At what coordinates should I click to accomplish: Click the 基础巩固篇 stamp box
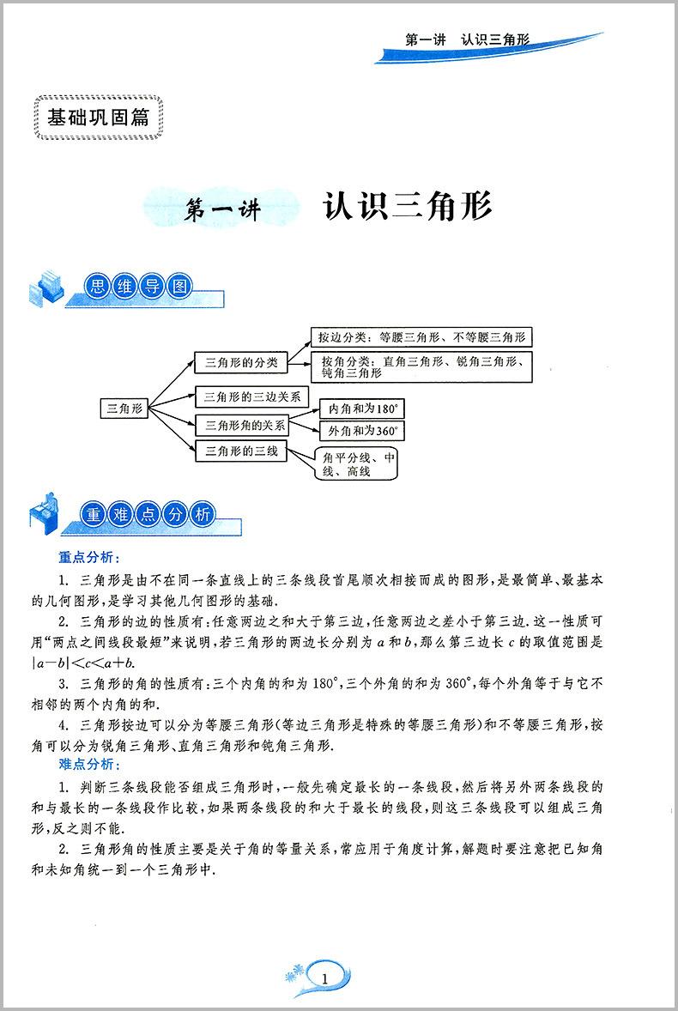click(98, 118)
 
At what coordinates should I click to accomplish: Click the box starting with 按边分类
click(421, 337)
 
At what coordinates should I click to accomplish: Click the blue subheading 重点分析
click(88, 557)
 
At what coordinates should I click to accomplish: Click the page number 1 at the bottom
click(324, 979)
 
